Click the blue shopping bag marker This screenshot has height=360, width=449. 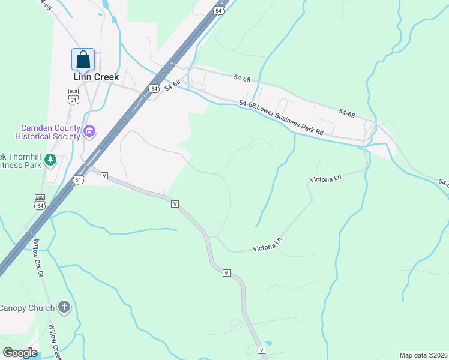(x=83, y=59)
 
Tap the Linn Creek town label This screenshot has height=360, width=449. (x=96, y=77)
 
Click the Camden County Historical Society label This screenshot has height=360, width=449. (x=50, y=132)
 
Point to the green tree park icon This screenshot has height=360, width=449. (x=50, y=160)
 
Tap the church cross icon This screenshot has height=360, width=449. (x=64, y=308)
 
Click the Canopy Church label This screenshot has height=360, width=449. (x=27, y=308)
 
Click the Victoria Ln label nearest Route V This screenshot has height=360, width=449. (x=267, y=245)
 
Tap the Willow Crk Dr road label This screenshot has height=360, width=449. (x=39, y=259)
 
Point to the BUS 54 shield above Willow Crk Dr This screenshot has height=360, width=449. (x=40, y=202)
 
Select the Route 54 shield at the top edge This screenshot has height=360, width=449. (x=218, y=10)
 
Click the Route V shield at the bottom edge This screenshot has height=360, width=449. (x=262, y=350)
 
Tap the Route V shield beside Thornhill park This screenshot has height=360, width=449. (x=104, y=175)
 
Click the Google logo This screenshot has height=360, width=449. (x=20, y=353)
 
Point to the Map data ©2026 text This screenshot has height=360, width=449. (x=423, y=355)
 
